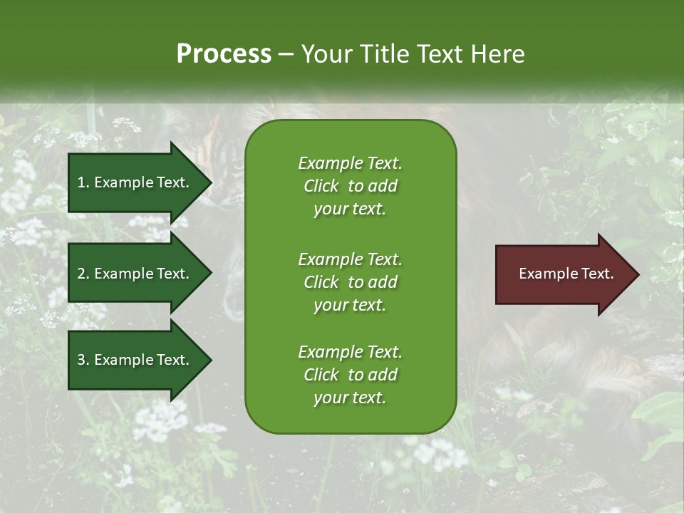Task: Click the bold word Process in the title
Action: pos(224,54)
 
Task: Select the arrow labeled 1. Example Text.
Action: pos(135,182)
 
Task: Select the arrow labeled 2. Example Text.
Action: pos(135,274)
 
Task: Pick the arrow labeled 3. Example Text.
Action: pos(135,360)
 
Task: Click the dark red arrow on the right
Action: pos(563,274)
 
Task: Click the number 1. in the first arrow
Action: pos(83,182)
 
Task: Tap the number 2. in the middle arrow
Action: pos(83,274)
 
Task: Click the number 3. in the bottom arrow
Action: pos(83,360)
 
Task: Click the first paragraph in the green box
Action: pos(350,186)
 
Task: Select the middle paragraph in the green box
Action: pos(350,282)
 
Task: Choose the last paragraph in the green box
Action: pos(350,375)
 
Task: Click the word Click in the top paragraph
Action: pos(321,186)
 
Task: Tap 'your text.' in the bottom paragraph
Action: pos(350,398)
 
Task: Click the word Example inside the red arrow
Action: pos(544,274)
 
